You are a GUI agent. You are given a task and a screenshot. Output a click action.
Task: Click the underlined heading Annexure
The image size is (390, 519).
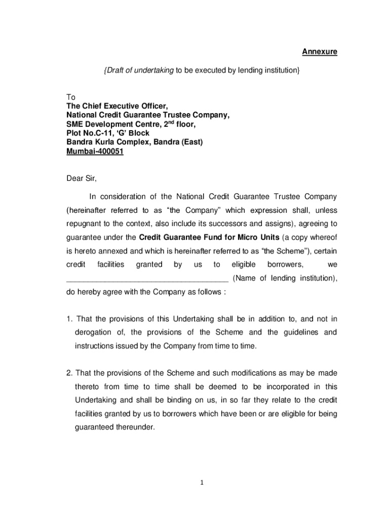point(320,52)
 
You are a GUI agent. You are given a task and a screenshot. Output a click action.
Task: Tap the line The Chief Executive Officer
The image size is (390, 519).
point(117,106)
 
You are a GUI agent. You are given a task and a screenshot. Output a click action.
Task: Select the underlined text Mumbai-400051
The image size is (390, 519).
point(95,152)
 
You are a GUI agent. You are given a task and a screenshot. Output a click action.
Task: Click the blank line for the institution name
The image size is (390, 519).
point(147,278)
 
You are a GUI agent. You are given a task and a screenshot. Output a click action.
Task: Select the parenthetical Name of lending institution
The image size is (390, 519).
point(285,278)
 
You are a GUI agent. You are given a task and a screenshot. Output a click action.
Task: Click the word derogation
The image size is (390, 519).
point(95,332)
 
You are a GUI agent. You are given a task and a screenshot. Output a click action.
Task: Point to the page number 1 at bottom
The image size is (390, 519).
point(201,483)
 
